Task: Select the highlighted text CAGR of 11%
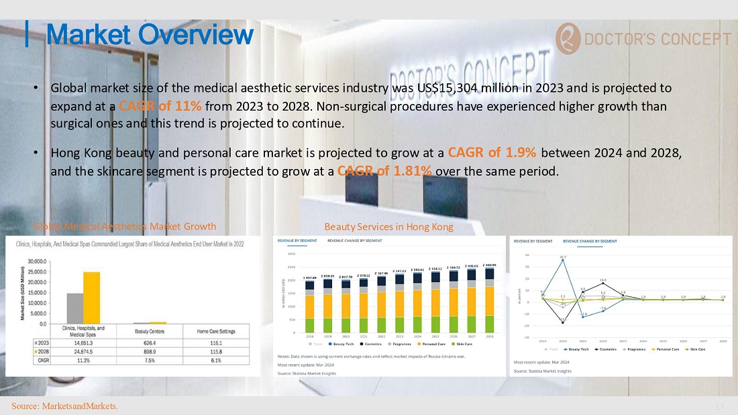pyautogui.click(x=160, y=106)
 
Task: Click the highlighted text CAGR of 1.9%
pyautogui.click(x=491, y=152)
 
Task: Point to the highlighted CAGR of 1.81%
pyautogui.click(x=384, y=170)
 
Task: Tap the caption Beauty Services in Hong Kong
pyautogui.click(x=388, y=227)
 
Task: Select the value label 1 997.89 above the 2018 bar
pyautogui.click(x=309, y=277)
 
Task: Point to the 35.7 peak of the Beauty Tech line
pyautogui.click(x=563, y=259)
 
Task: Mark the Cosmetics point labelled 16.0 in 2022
pyautogui.click(x=603, y=284)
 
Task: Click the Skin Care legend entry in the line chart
pyautogui.click(x=695, y=349)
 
